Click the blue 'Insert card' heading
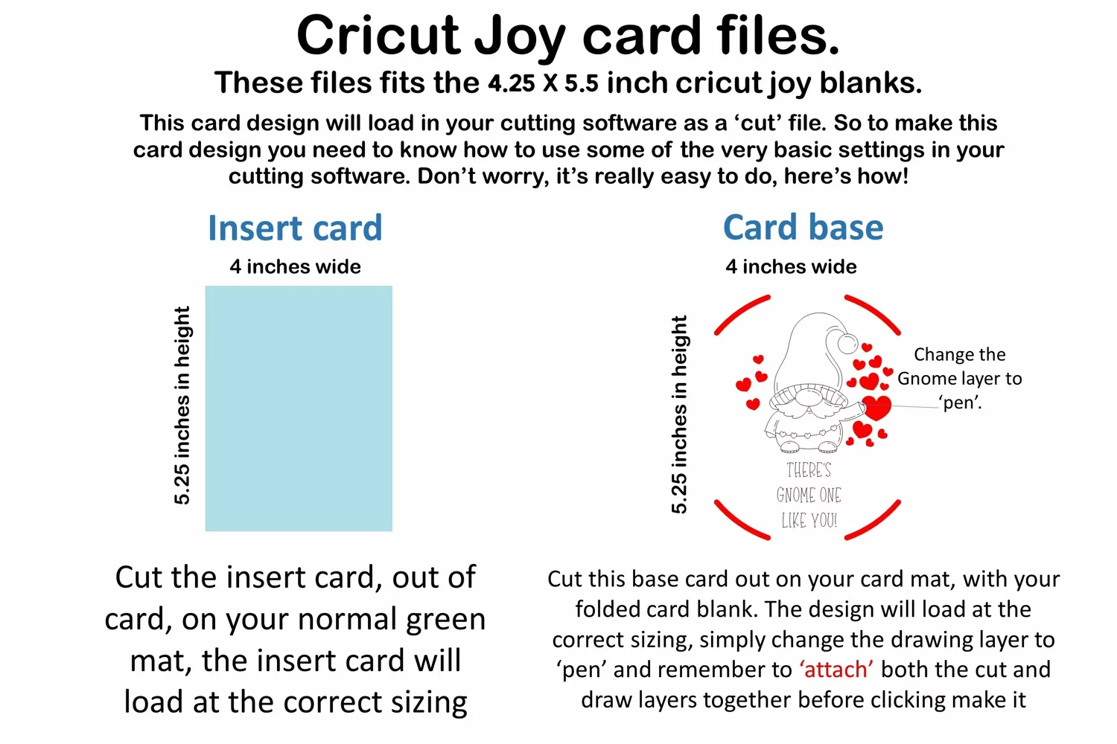(x=295, y=228)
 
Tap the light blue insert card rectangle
(x=299, y=408)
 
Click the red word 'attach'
(x=836, y=670)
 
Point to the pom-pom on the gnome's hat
(x=847, y=344)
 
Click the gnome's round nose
(x=807, y=397)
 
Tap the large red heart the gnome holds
(x=876, y=408)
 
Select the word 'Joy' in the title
(x=520, y=37)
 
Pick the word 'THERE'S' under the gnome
(x=809, y=470)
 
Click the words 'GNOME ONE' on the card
(x=809, y=496)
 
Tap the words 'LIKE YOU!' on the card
(x=809, y=521)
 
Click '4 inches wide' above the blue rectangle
(x=295, y=266)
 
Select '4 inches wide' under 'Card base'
(x=791, y=266)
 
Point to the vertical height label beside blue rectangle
(x=182, y=405)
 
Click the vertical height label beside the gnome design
(x=679, y=414)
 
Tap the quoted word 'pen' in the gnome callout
(x=960, y=403)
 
